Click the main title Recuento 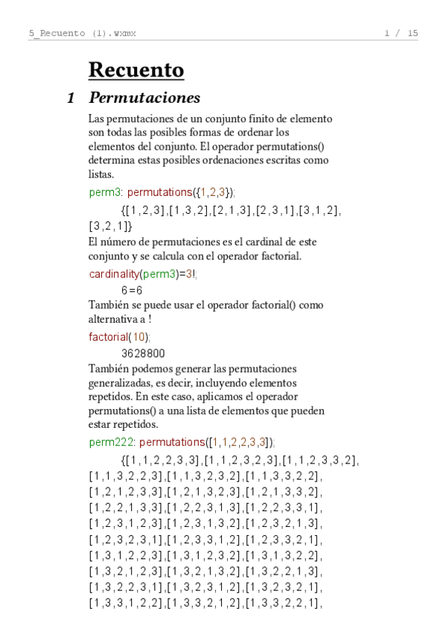click(136, 70)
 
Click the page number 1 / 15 click(401, 33)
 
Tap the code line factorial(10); click(118, 337)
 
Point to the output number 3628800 click(143, 353)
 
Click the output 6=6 click(132, 290)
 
